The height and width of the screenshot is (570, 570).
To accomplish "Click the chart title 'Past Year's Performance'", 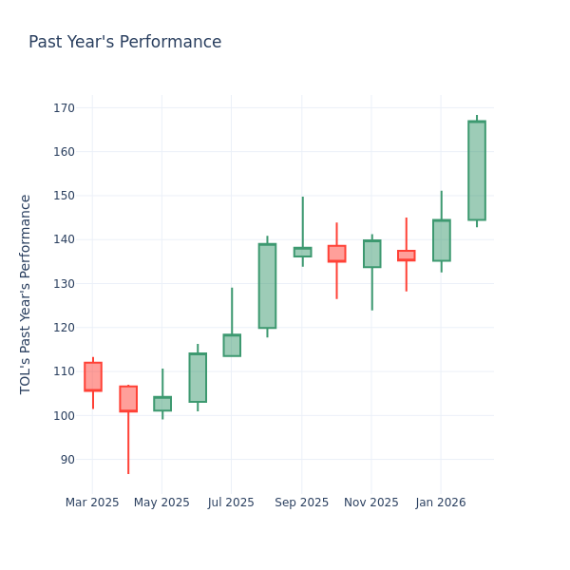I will [x=124, y=43].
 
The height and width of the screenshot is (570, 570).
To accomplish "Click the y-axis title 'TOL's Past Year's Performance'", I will [x=27, y=294].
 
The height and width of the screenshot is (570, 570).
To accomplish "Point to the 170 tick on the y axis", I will [x=63, y=108].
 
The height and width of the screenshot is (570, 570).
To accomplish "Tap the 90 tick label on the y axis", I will [x=66, y=460].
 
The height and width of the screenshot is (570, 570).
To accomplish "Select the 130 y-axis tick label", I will [x=63, y=284].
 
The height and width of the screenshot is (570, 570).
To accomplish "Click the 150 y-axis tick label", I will [x=63, y=196].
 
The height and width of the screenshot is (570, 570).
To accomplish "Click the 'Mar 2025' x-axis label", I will [x=92, y=503].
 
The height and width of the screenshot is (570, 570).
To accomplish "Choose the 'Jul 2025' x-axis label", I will [x=231, y=503].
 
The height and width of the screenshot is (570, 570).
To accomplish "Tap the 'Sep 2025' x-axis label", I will [x=302, y=503].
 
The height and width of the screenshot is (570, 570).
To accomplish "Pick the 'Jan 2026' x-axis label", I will [x=441, y=503].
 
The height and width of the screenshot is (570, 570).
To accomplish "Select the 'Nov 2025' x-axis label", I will [x=371, y=503].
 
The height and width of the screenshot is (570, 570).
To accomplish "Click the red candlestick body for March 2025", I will [x=93, y=376].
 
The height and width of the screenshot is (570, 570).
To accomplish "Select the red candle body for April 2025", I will [x=128, y=399].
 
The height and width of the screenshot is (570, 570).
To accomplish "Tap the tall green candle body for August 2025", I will [x=267, y=286].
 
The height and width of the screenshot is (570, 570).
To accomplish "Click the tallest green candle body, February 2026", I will [x=477, y=171].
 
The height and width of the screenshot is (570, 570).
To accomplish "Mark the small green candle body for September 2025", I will [x=302, y=253].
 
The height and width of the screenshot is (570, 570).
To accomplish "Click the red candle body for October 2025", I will [x=337, y=254].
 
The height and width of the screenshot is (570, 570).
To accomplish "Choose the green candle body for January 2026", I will [x=442, y=240].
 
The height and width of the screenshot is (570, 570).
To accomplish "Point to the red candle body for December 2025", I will [x=407, y=256].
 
